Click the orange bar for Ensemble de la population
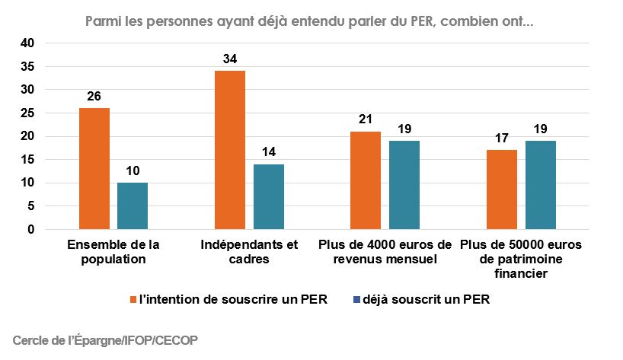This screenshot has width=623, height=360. pos(94,168)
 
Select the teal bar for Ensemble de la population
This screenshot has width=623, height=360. pos(133,205)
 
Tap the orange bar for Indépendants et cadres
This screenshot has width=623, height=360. pos(229,150)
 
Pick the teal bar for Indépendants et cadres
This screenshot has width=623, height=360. pos(269,196)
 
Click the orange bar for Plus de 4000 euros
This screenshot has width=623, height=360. pos(365,180)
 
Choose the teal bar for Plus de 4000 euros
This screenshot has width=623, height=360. pos(404,185)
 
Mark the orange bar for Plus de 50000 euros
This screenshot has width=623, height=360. pos(501,190)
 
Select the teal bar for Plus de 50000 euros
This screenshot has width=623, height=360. pos(540,185)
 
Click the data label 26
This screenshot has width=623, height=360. pos(94,97)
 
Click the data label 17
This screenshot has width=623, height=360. pos(501,139)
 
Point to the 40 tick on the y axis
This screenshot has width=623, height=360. pos(27,43)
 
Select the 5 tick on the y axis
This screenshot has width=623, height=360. pos(30,205)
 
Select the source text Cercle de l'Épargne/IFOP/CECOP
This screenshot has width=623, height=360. pos(105,340)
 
